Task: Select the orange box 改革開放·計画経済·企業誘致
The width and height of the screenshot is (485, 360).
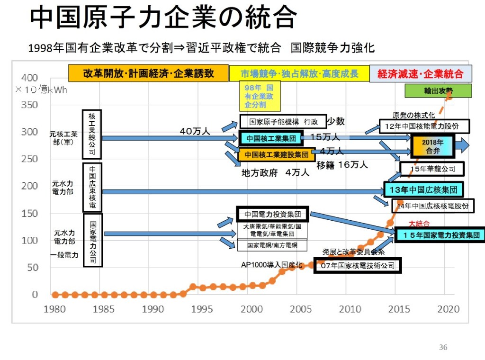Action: (149, 73)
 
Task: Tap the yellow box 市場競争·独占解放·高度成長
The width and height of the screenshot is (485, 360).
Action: (299, 74)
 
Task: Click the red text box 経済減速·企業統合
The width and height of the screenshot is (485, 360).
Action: (421, 74)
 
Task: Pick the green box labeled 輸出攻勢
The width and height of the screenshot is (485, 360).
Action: (439, 91)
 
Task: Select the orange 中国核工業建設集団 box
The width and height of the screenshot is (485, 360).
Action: (277, 154)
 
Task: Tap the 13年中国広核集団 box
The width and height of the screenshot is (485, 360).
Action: (423, 190)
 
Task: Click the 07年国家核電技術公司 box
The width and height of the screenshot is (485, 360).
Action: (358, 266)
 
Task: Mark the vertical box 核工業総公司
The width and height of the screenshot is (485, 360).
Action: (92, 135)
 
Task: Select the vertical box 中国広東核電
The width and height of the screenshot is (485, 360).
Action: (92, 188)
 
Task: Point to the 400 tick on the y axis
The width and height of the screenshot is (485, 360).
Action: (29, 78)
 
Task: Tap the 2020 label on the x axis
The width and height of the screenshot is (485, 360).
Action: (448, 309)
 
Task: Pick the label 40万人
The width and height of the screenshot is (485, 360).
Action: (195, 131)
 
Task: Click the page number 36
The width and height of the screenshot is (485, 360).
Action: (443, 347)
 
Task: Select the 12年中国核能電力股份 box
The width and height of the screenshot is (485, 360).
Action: (424, 126)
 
